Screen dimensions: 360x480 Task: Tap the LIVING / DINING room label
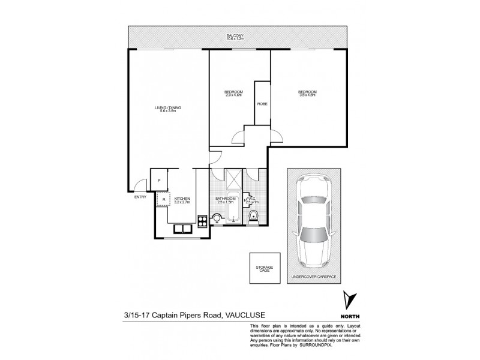tap(167, 107)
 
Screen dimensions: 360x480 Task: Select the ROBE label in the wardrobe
tap(262, 104)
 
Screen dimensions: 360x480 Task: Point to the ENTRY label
tap(140, 197)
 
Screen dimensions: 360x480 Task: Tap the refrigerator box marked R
tap(163, 199)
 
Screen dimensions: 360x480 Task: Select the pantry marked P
tap(158, 181)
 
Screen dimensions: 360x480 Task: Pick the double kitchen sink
tap(182, 229)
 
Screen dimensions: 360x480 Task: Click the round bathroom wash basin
tap(217, 218)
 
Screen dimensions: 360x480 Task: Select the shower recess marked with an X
tap(232, 179)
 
